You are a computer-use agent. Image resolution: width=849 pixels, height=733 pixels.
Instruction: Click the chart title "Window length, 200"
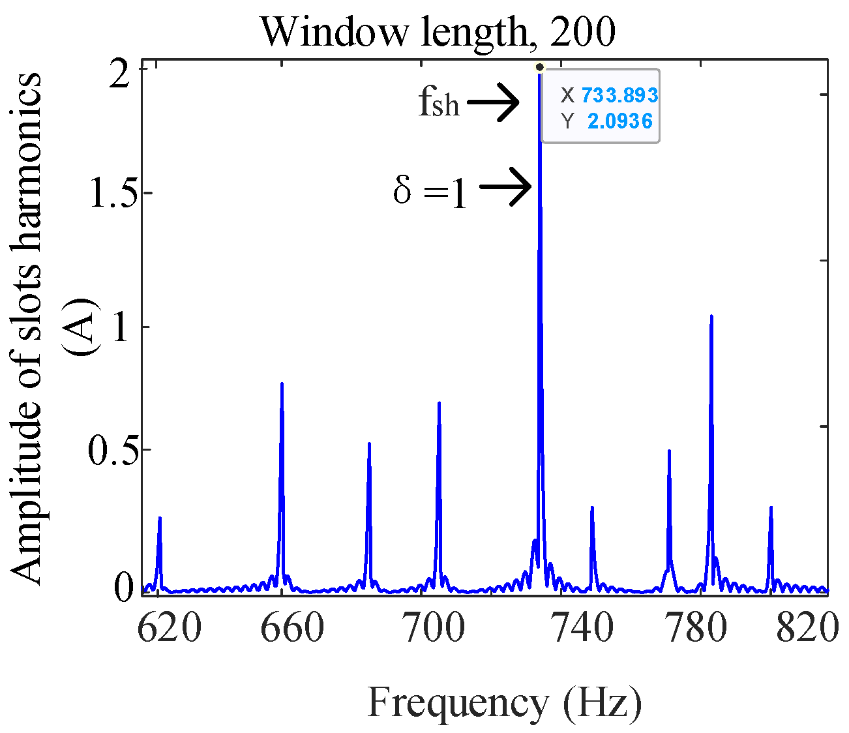click(x=438, y=32)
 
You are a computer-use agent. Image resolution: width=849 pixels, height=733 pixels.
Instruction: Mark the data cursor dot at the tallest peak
click(x=539, y=67)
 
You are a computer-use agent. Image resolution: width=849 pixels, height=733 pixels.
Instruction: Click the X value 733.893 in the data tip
click(x=619, y=96)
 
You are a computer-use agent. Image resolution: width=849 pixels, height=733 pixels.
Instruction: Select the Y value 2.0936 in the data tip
click(x=619, y=121)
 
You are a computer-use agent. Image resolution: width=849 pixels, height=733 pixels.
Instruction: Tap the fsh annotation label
click(x=439, y=103)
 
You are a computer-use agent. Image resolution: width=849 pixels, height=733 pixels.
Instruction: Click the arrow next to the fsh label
click(x=493, y=102)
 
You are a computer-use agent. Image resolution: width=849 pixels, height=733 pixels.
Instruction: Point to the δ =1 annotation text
click(x=430, y=192)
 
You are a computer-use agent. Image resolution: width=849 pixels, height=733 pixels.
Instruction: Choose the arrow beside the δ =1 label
click(x=506, y=187)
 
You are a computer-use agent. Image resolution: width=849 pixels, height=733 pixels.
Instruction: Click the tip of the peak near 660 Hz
click(x=282, y=383)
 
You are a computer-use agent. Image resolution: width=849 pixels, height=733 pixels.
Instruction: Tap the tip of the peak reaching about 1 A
click(x=711, y=316)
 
